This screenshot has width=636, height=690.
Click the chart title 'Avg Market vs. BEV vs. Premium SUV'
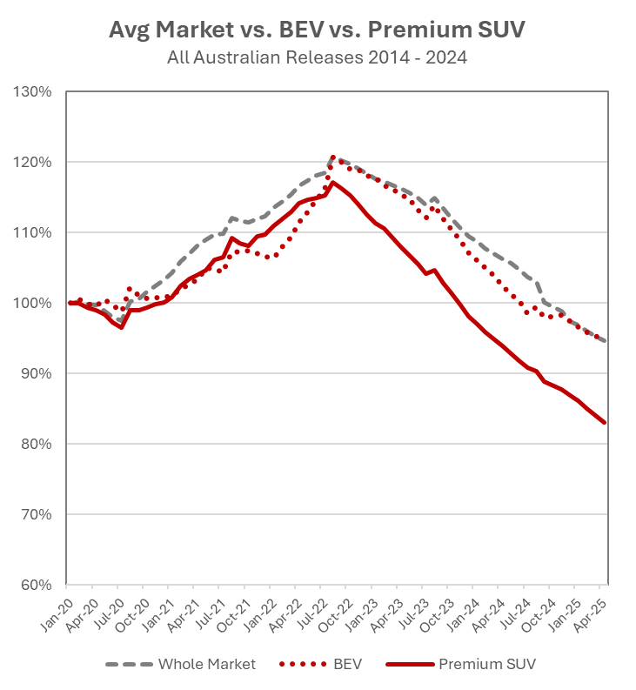coord(318,30)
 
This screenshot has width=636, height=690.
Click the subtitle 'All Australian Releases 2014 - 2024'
coord(318,58)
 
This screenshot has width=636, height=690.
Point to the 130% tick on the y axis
coord(34,92)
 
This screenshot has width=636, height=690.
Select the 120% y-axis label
coord(34,163)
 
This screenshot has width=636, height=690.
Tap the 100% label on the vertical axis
coord(34,304)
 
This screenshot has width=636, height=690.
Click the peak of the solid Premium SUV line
coord(332,182)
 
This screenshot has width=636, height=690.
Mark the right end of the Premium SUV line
coord(605,423)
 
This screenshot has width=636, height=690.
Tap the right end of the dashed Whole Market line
coord(605,341)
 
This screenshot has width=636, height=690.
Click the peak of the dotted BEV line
coord(332,157)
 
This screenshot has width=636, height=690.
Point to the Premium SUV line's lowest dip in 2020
coord(122,327)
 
